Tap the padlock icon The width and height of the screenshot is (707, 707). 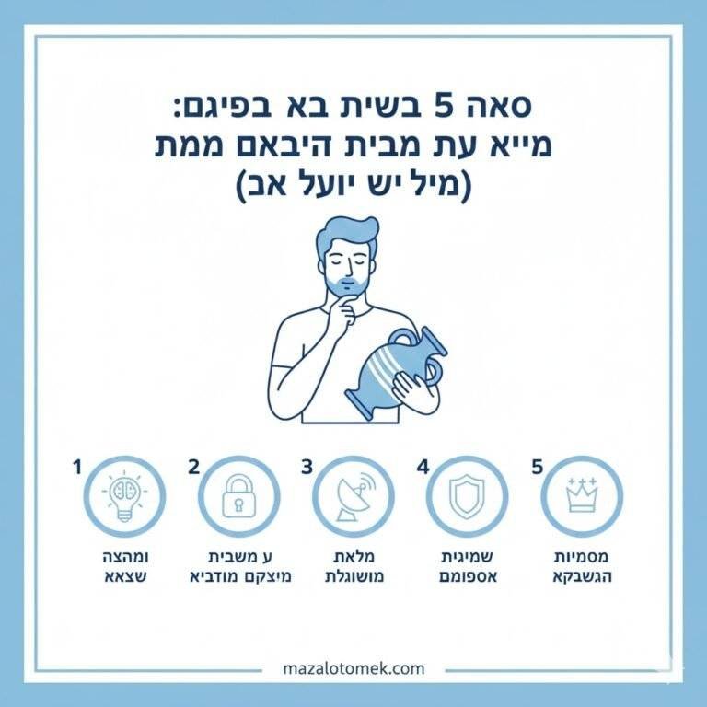(238, 496)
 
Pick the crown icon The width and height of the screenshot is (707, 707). (581, 496)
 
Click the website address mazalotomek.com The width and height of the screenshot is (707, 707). (353, 668)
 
